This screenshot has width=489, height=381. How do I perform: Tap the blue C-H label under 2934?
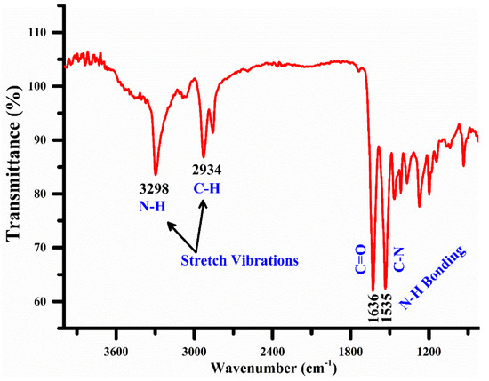click(x=204, y=187)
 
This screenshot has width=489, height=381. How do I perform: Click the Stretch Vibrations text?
click(x=238, y=260)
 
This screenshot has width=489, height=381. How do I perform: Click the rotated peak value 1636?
click(x=374, y=314)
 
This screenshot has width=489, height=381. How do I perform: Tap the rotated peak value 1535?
click(x=387, y=314)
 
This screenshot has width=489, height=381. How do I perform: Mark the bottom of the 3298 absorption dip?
click(x=156, y=174)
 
